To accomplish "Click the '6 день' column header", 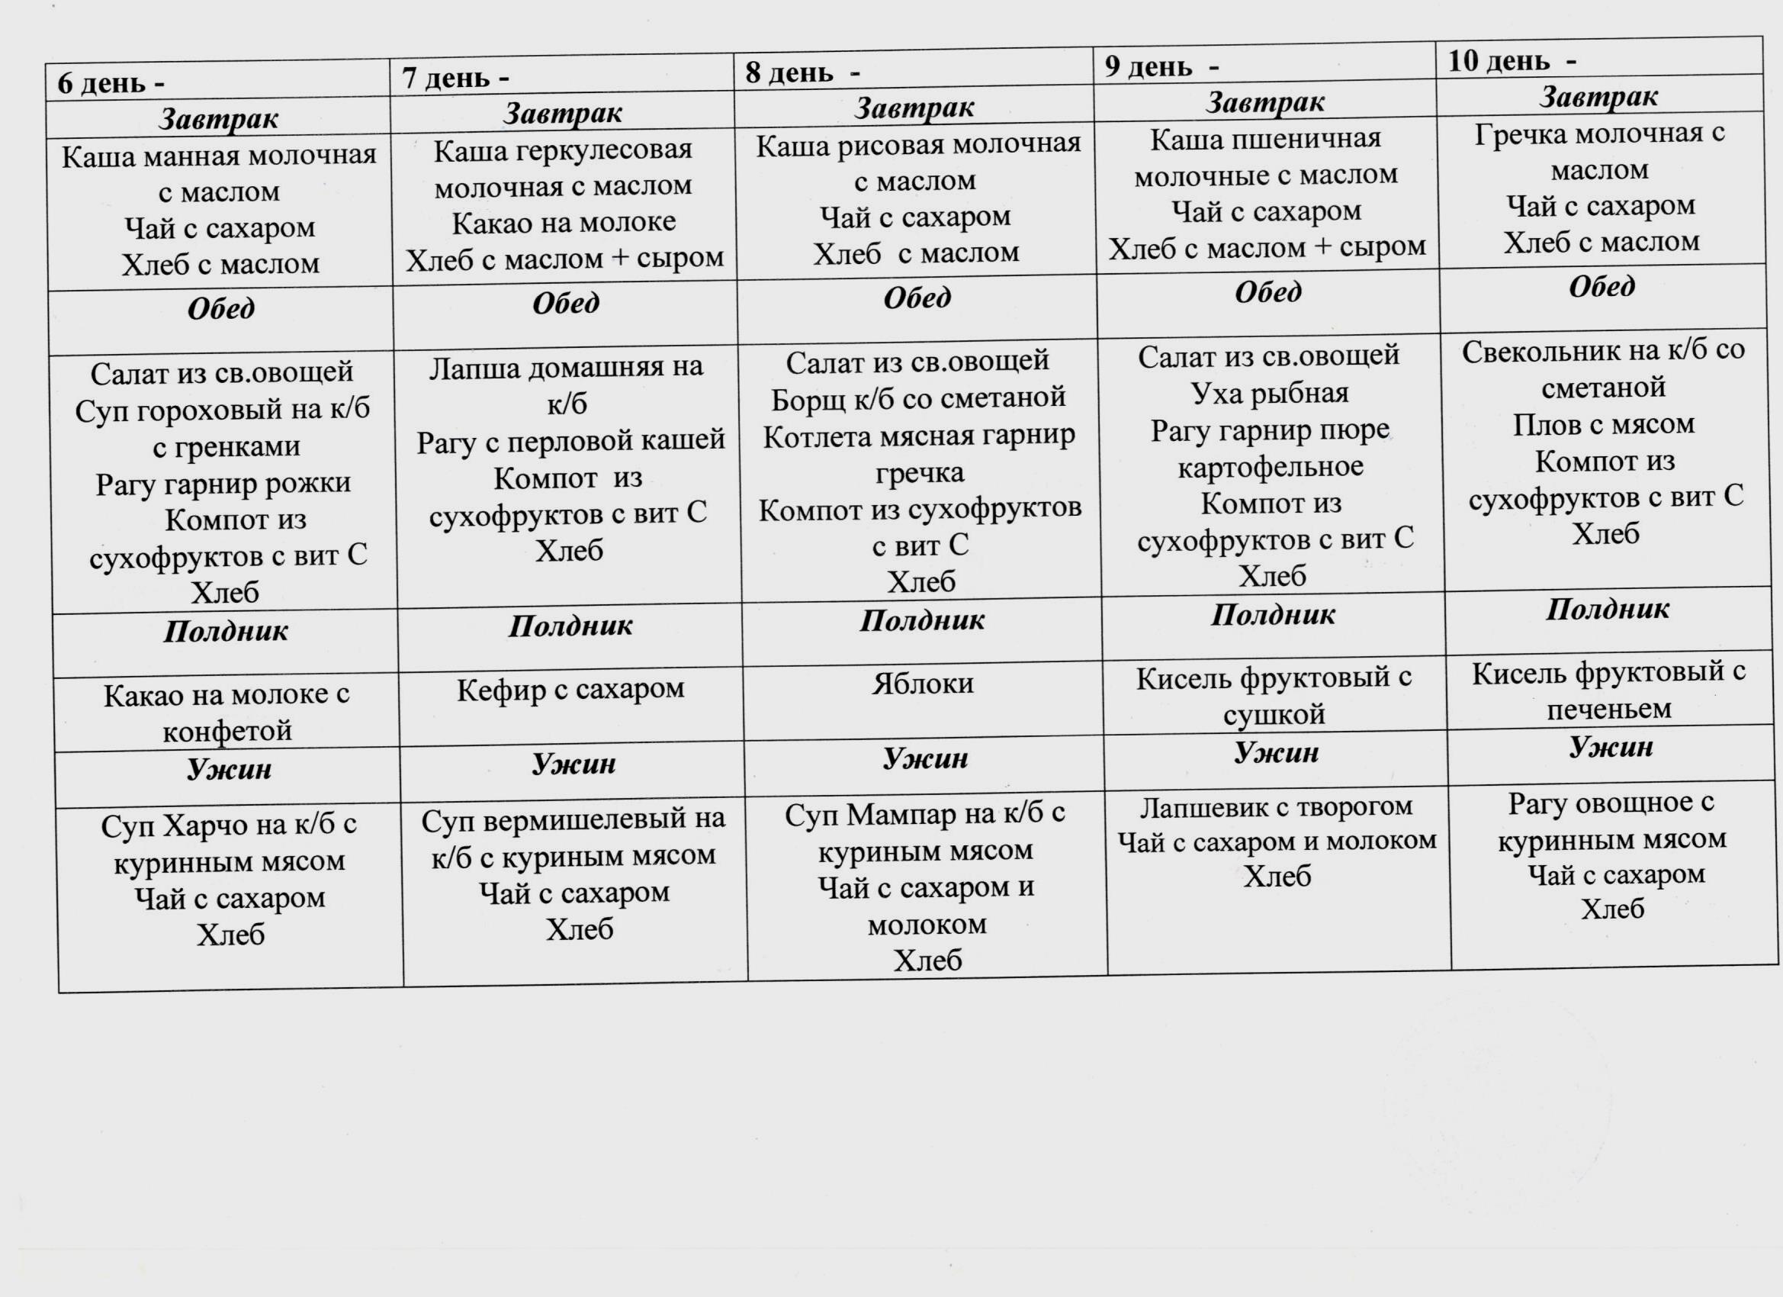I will coord(110,82).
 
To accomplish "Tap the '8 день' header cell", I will coord(802,72).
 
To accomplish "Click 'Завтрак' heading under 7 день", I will coord(562,113).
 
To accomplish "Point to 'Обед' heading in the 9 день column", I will coord(1267,293).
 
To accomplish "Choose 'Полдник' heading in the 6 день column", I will coord(225,631).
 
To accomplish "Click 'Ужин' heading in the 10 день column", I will coord(1611,745).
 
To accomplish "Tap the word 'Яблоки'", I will coord(922,683).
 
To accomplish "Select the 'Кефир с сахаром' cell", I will coord(570,689).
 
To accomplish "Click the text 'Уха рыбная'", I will coord(1270,391).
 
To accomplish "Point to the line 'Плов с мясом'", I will coord(1604,424).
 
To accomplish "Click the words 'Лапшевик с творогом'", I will coord(1277,806).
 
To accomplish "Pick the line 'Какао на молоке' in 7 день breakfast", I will coord(564,222).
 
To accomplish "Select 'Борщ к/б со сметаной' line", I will coord(918,398).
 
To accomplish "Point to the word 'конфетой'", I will coord(227,732).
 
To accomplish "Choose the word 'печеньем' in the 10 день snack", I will coord(1609,709).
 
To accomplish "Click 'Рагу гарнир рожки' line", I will coord(223,482).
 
